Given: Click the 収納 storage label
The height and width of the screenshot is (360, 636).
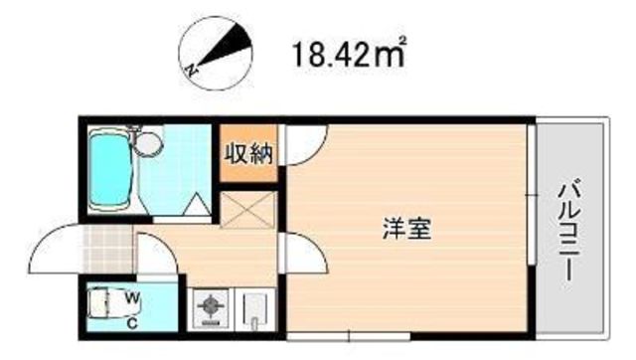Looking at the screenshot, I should pyautogui.click(x=246, y=153).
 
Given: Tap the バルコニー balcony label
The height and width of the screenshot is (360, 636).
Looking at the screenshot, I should pyautogui.click(x=570, y=225).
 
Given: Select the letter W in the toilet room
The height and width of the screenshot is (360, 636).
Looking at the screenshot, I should pyautogui.click(x=132, y=297).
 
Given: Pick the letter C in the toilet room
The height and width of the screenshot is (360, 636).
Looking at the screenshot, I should pyautogui.click(x=132, y=320).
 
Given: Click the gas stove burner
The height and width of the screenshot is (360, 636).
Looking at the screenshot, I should pyautogui.click(x=213, y=308).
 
